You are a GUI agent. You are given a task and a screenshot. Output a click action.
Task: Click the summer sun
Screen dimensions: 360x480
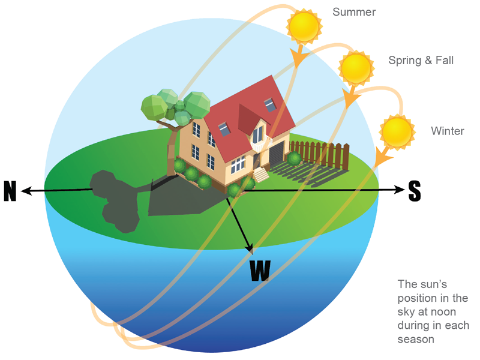303,26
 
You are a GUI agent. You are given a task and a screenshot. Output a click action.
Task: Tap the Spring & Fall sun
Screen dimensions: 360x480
356,68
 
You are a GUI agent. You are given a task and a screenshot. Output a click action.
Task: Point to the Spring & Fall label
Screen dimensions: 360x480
421,60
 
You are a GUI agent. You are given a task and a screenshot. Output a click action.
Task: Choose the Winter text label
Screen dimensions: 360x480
447,131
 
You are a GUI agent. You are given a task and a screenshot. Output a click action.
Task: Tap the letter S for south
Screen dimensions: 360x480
415,191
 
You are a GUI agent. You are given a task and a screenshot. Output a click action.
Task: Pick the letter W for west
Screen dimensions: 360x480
260,271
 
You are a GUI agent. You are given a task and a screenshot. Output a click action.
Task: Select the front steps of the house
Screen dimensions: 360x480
262,176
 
